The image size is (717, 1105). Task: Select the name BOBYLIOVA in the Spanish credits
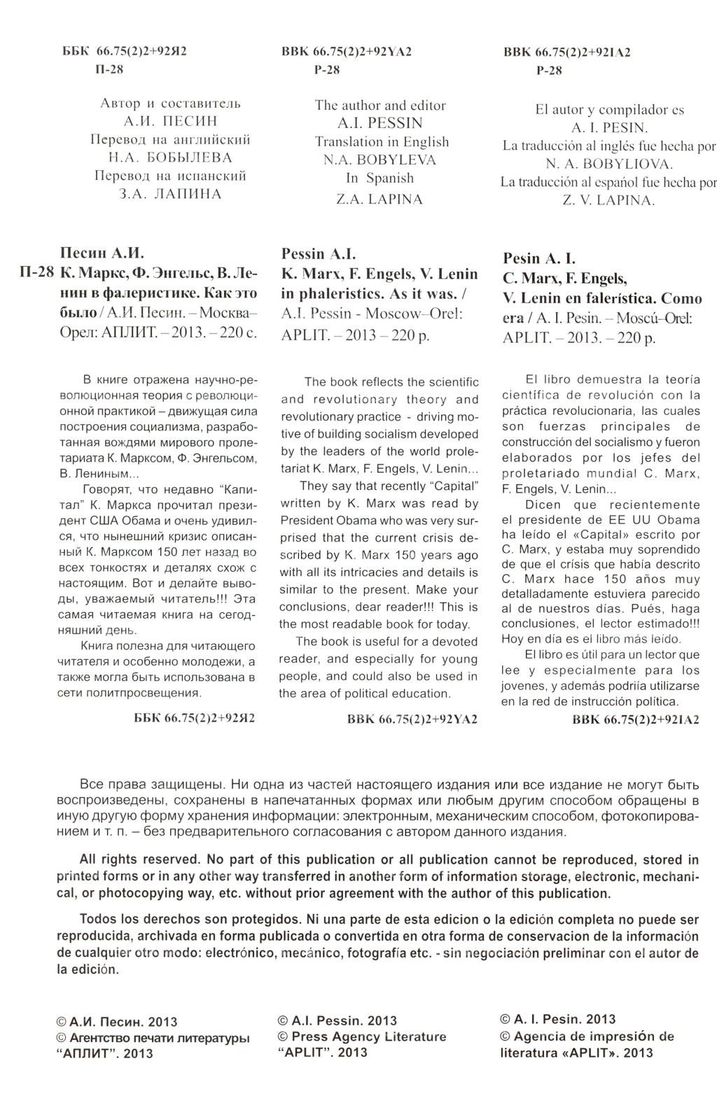622,164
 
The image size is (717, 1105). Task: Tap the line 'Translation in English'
382,141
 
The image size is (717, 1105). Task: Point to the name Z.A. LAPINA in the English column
380,199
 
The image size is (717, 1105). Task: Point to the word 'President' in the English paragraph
307,520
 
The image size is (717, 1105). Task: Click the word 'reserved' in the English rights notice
171,859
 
